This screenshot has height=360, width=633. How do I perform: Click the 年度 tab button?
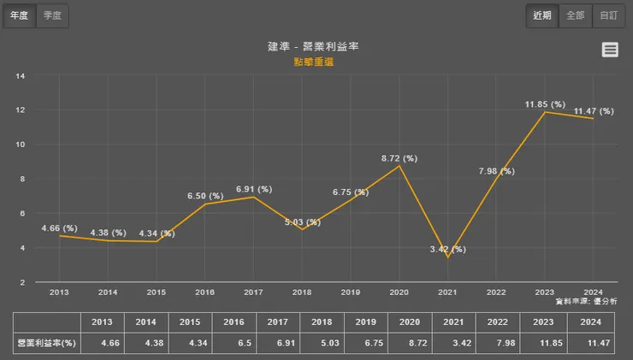click(x=19, y=15)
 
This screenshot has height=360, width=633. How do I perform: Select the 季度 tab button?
click(x=53, y=15)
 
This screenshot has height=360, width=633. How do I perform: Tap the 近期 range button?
click(x=542, y=15)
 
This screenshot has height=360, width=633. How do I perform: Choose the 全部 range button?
click(x=575, y=15)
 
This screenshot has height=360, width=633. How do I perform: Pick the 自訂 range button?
click(x=607, y=15)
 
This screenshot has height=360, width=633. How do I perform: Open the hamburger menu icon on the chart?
click(x=610, y=50)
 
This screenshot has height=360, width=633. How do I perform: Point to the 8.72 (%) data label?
click(x=399, y=158)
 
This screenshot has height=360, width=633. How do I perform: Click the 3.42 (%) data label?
click(x=447, y=249)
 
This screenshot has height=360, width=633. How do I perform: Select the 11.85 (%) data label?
click(x=545, y=104)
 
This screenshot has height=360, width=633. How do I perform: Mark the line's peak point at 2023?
click(x=545, y=112)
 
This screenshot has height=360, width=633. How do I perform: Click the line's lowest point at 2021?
click(x=447, y=257)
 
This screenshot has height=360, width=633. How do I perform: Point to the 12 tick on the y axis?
click(x=21, y=110)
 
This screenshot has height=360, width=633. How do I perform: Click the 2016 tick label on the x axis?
click(x=205, y=292)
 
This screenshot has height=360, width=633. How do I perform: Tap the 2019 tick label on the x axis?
click(x=351, y=292)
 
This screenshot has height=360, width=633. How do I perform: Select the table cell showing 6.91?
click(x=277, y=342)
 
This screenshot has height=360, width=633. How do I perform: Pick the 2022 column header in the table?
click(x=497, y=322)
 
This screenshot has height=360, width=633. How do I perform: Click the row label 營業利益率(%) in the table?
click(x=47, y=342)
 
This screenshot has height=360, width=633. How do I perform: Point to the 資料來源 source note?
click(x=586, y=302)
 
